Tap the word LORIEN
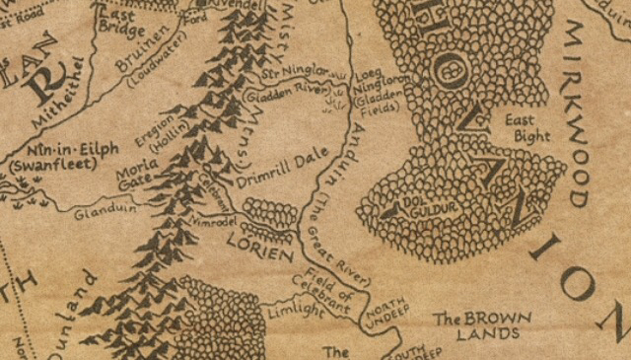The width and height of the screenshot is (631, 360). click(x=259, y=246)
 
